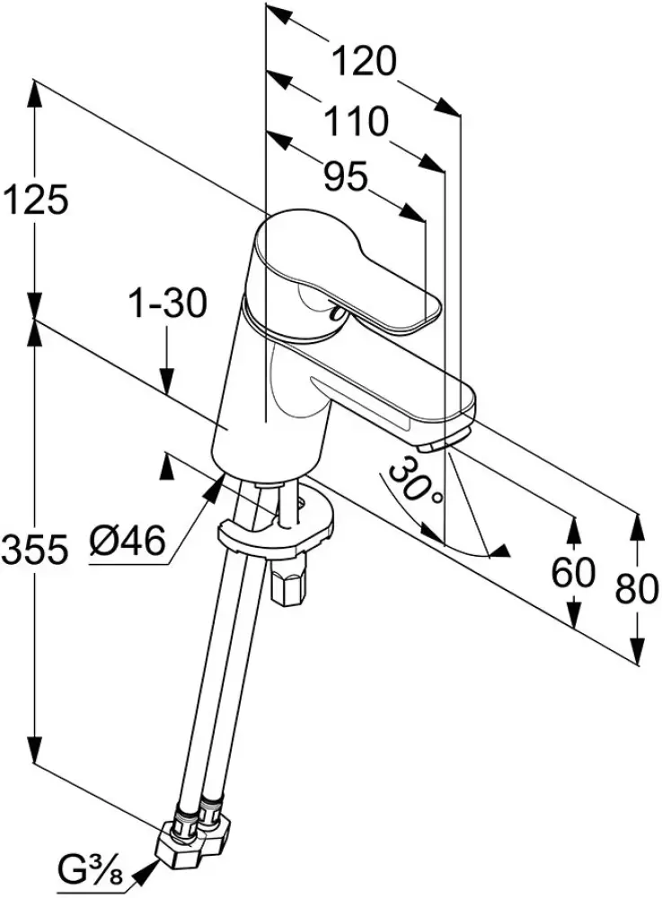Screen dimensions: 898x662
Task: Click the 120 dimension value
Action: [364, 62]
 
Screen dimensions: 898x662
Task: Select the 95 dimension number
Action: [346, 178]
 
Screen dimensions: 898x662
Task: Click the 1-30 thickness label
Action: [166, 304]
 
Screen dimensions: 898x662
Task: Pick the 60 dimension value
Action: [573, 571]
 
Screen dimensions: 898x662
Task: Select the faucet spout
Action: [395, 395]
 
